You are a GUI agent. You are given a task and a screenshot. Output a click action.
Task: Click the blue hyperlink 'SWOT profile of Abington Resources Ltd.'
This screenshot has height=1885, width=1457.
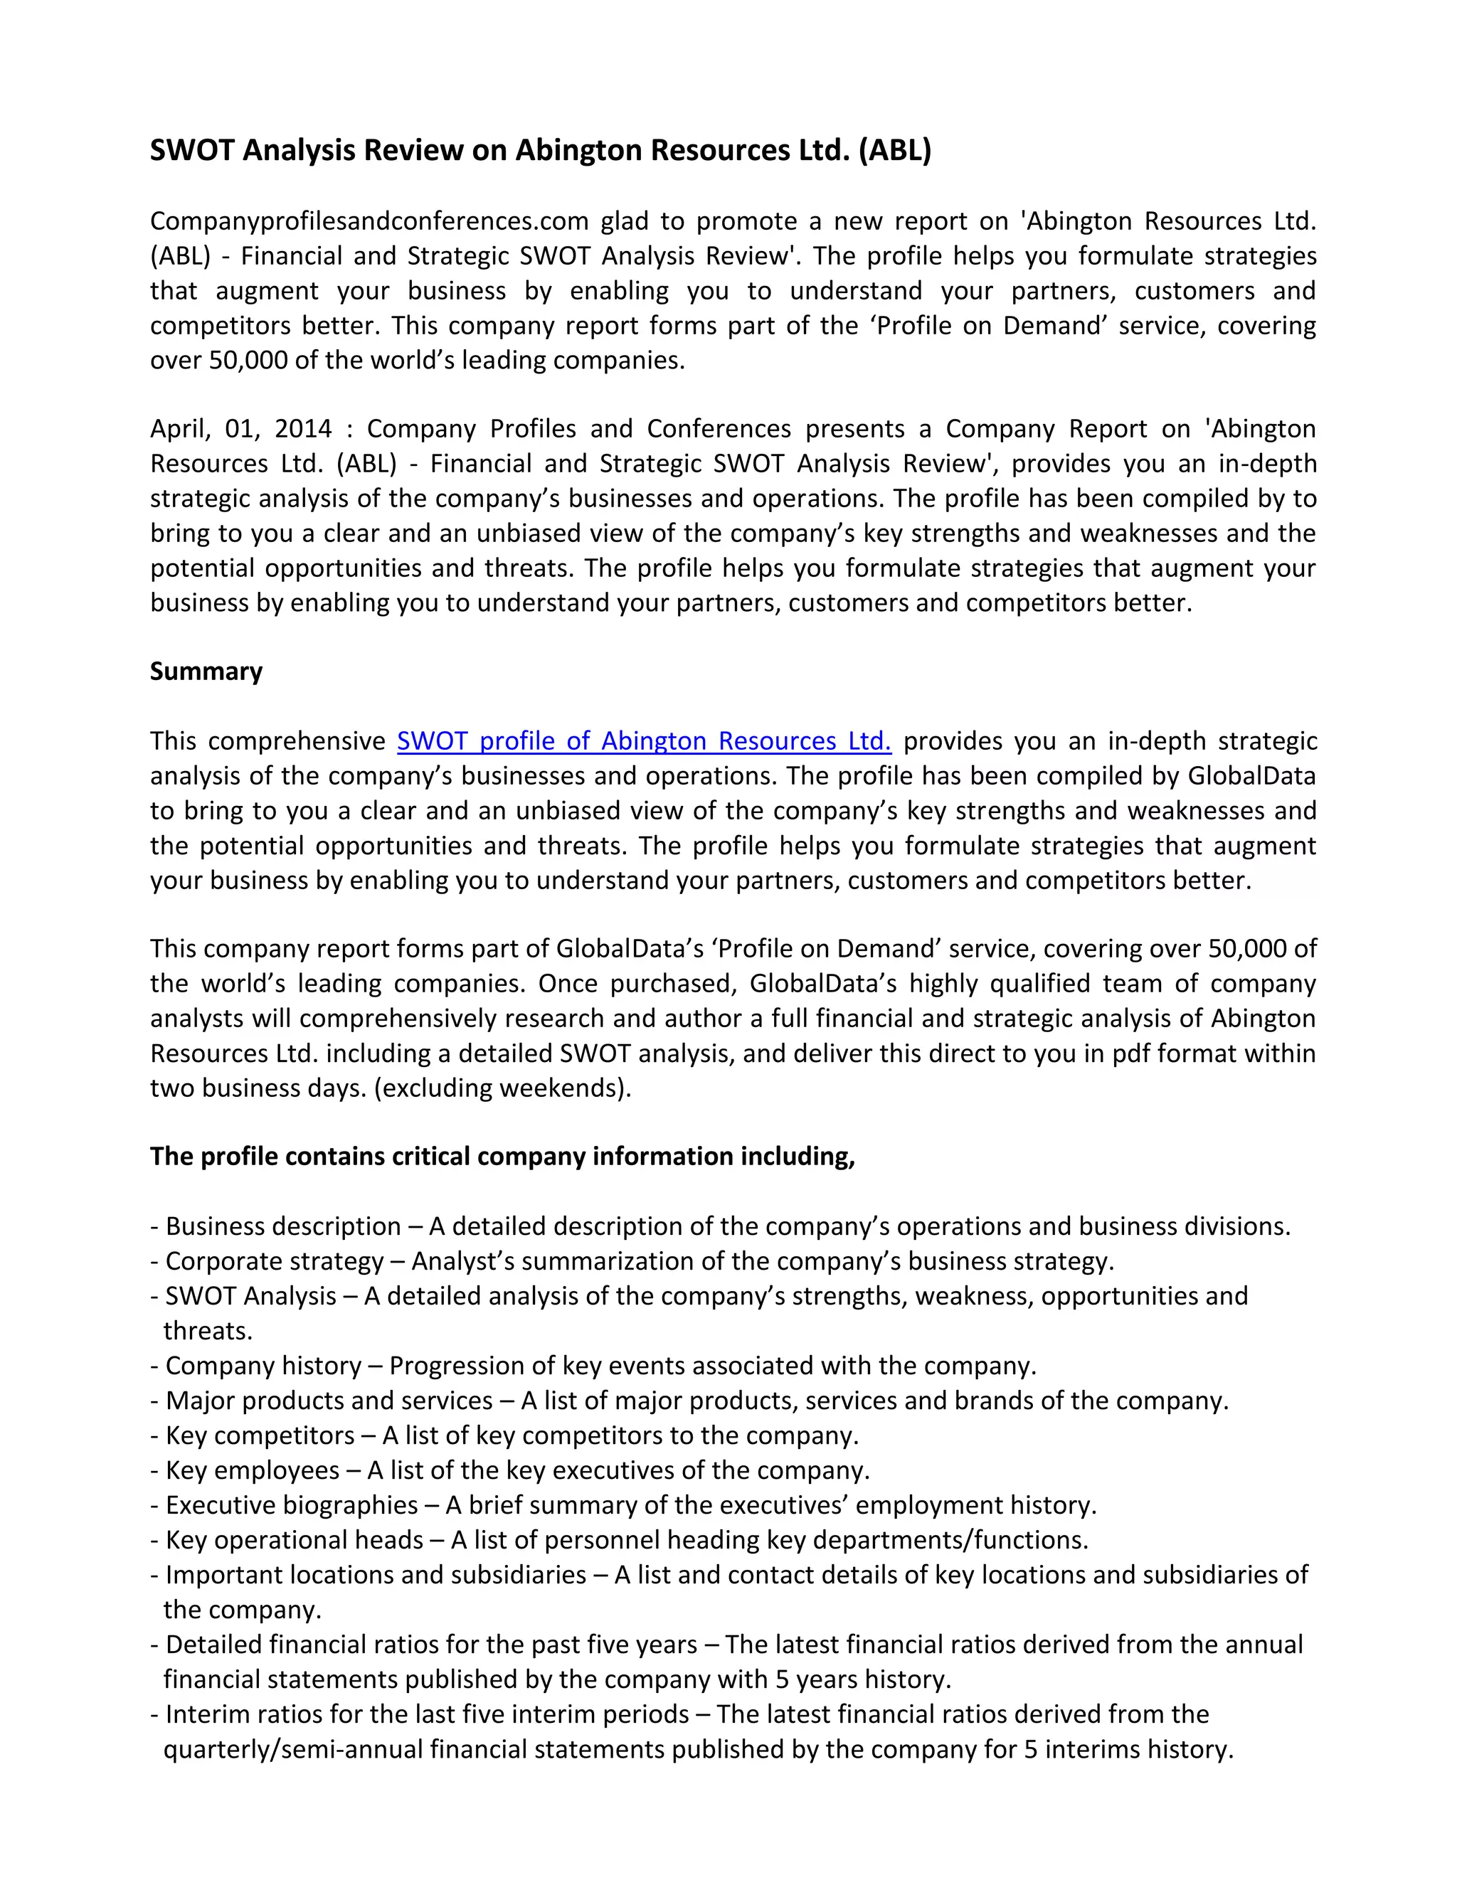tap(643, 740)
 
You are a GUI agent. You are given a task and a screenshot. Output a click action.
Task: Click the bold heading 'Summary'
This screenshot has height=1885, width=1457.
tap(206, 671)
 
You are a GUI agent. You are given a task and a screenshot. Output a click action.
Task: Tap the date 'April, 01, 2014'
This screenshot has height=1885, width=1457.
tap(241, 428)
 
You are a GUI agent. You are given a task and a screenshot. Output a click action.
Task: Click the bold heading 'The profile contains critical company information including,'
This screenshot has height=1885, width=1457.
tap(502, 1156)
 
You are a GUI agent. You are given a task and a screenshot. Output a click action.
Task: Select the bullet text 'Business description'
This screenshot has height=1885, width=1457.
tap(283, 1226)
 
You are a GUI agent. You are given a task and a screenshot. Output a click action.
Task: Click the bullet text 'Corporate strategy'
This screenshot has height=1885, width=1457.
tap(275, 1261)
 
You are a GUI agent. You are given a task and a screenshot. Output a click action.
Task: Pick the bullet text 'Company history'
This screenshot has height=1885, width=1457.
tap(263, 1366)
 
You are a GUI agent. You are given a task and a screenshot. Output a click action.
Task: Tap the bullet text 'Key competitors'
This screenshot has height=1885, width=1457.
tap(260, 1435)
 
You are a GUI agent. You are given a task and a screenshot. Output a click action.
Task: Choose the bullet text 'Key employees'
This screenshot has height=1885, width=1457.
tap(252, 1470)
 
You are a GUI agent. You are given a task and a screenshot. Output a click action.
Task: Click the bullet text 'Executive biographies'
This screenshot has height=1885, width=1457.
tap(292, 1504)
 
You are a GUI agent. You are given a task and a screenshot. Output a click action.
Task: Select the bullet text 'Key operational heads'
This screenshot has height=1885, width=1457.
tap(295, 1540)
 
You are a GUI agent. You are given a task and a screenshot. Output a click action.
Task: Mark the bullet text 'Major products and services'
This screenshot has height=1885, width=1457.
tap(329, 1400)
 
